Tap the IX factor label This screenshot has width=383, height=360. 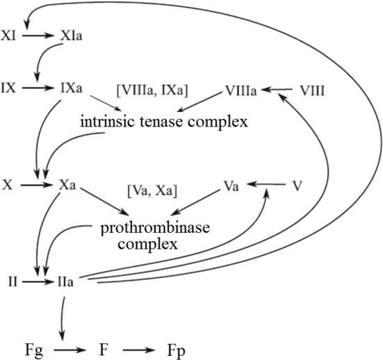tap(10, 89)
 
